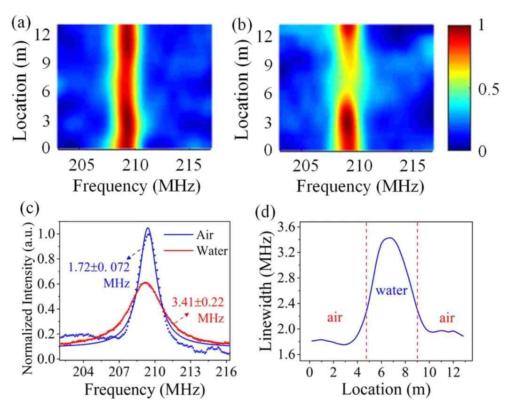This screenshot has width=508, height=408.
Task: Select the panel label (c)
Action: pyautogui.click(x=30, y=208)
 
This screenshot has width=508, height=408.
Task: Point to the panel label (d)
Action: pyautogui.click(x=265, y=212)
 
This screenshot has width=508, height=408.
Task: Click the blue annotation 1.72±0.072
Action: pyautogui.click(x=99, y=267)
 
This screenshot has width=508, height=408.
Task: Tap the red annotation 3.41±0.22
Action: pyautogui.click(x=198, y=303)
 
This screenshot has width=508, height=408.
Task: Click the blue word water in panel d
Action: pyautogui.click(x=391, y=290)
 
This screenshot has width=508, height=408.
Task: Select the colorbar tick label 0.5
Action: pyautogui.click(x=489, y=89)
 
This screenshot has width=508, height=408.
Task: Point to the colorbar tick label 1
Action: pyautogui.click(x=481, y=25)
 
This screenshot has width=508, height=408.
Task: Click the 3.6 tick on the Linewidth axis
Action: pyautogui.click(x=286, y=227)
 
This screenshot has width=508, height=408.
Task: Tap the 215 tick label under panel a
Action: pyautogui.click(x=189, y=166)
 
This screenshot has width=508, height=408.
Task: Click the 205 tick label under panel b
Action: pyautogui.click(x=305, y=166)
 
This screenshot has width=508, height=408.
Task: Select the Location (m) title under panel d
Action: pyautogui.click(x=386, y=389)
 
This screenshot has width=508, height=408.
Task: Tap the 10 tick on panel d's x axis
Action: pyautogui.click(x=429, y=372)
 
